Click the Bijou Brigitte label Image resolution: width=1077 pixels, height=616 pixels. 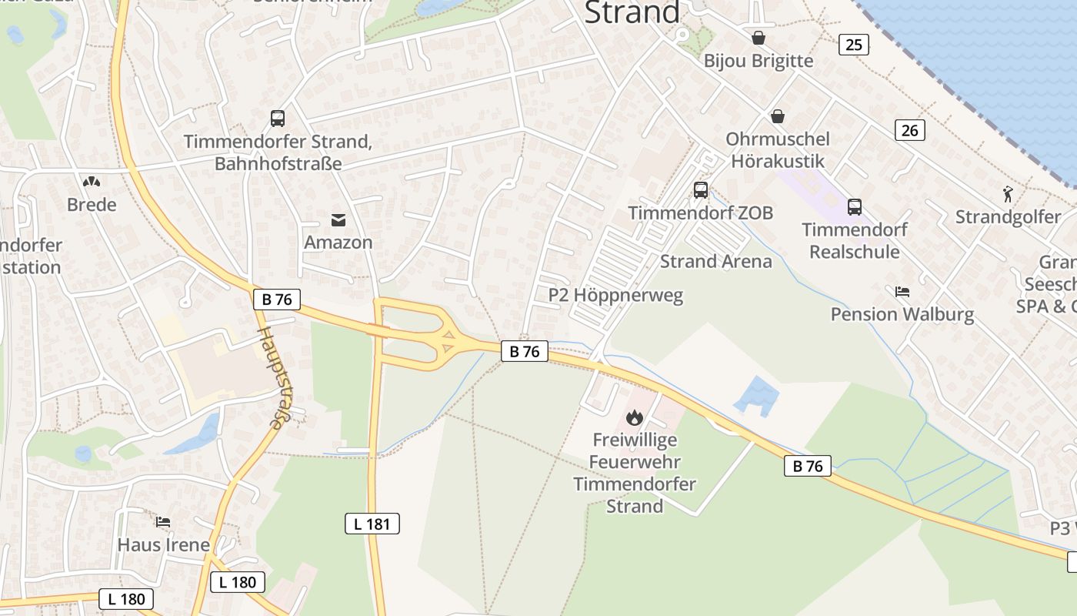click(x=758, y=61)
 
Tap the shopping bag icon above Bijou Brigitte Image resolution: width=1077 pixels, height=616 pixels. click(x=759, y=38)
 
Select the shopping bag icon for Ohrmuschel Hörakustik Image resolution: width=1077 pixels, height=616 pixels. click(x=778, y=116)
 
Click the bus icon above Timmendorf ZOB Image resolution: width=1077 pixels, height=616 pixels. click(x=700, y=189)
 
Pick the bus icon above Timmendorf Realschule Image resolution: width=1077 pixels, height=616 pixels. click(x=854, y=206)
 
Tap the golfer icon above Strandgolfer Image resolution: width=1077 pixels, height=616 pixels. click(x=1008, y=194)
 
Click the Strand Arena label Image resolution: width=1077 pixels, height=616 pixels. click(x=715, y=261)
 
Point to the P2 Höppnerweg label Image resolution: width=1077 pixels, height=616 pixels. click(x=615, y=295)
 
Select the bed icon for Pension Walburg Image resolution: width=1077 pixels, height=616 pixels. click(x=902, y=291)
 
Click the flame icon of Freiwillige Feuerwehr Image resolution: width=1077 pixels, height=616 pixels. click(x=634, y=417)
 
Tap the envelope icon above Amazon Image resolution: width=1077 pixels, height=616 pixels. click(x=338, y=220)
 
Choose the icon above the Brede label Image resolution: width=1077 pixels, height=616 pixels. click(x=92, y=182)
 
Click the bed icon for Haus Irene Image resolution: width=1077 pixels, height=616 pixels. click(x=163, y=522)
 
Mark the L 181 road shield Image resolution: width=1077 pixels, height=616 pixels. click(x=372, y=524)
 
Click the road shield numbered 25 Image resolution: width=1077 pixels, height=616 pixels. click(x=853, y=45)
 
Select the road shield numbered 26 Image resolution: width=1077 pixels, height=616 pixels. click(x=909, y=130)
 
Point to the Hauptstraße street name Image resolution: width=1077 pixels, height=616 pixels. click(x=270, y=377)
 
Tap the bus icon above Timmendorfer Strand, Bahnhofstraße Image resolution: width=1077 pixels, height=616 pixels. click(x=278, y=119)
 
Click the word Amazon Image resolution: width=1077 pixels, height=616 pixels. click(x=338, y=242)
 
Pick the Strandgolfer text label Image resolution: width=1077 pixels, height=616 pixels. click(x=1008, y=217)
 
